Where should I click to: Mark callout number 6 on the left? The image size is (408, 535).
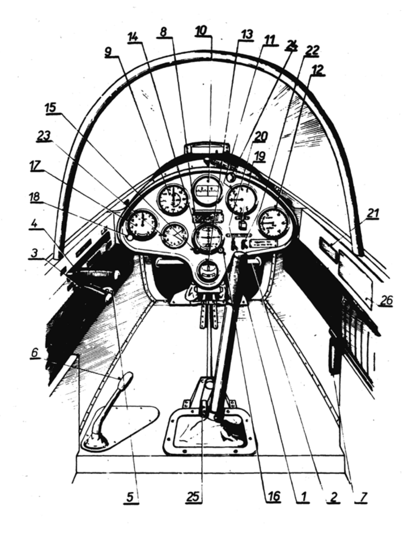35,353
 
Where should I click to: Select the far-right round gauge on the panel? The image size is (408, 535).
274,223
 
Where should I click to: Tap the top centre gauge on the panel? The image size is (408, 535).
208,190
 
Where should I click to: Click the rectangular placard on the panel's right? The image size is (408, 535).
264,243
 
